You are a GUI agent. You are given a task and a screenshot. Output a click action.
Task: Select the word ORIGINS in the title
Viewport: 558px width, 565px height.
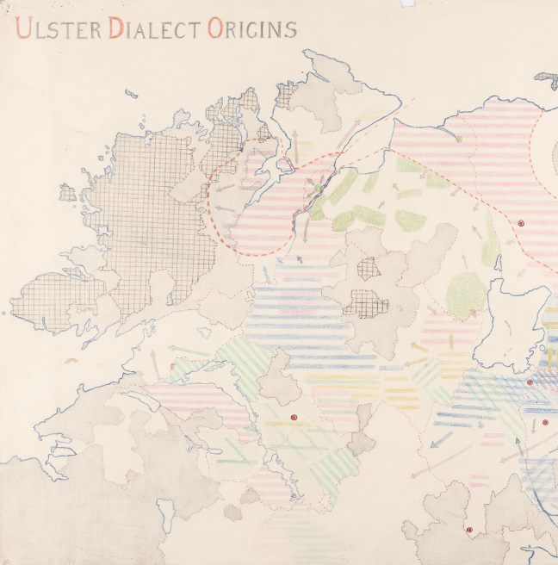pos(251,29)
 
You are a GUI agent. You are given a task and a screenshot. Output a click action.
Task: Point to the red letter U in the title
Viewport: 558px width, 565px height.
pos(23,29)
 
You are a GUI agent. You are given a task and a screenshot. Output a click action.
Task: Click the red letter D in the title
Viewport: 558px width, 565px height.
pos(115,29)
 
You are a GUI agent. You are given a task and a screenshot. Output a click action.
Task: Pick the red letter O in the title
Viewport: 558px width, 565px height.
pos(214,29)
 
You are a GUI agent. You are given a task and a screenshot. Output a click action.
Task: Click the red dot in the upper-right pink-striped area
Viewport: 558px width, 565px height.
pos(521,223)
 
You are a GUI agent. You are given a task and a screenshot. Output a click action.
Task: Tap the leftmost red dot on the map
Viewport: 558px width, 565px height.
pos(293,418)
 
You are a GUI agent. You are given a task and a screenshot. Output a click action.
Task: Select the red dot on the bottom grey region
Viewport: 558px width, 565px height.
pos(469,530)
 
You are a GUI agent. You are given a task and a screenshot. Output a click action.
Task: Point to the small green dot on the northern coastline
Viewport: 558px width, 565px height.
pos(459,138)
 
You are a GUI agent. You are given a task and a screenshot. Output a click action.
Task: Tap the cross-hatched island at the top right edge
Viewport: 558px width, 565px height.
pos(547,79)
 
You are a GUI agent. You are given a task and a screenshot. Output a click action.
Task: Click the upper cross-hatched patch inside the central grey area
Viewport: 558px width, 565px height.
pos(369,268)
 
